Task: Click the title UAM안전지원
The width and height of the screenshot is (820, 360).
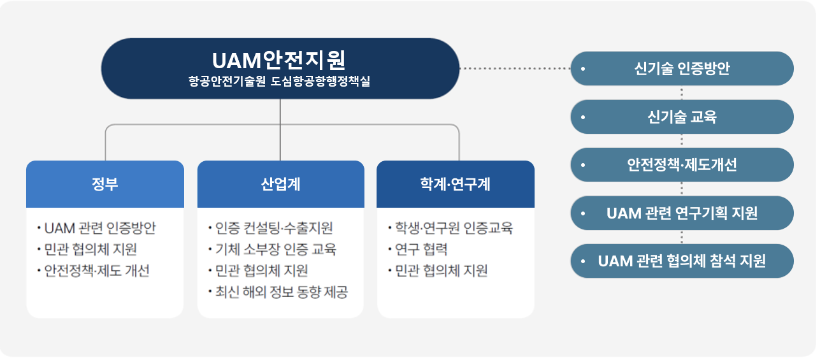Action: tap(279, 60)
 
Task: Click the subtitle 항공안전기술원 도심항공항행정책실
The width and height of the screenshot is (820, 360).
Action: tap(279, 82)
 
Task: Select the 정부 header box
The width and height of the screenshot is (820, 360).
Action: tap(105, 184)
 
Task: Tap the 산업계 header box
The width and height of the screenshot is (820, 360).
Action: tap(280, 184)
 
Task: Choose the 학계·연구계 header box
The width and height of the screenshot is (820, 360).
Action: tap(455, 184)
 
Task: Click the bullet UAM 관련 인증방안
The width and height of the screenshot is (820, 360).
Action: tap(99, 228)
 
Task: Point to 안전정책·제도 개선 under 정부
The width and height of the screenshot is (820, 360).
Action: tap(96, 271)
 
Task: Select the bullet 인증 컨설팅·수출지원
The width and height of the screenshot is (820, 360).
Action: tap(273, 228)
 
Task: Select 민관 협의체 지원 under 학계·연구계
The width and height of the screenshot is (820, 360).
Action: tap(441, 271)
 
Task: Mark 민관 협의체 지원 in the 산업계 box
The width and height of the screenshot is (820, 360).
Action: tap(261, 271)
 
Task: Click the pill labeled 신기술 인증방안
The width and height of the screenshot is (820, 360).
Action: tap(682, 68)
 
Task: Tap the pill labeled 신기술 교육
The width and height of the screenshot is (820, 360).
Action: tap(682, 117)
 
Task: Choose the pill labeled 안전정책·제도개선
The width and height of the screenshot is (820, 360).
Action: tap(682, 165)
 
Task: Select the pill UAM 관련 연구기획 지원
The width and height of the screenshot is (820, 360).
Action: tap(682, 213)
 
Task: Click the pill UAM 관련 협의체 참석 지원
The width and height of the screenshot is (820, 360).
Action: tap(682, 261)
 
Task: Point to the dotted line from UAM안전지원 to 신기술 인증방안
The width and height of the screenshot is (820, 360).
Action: tap(515, 68)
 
